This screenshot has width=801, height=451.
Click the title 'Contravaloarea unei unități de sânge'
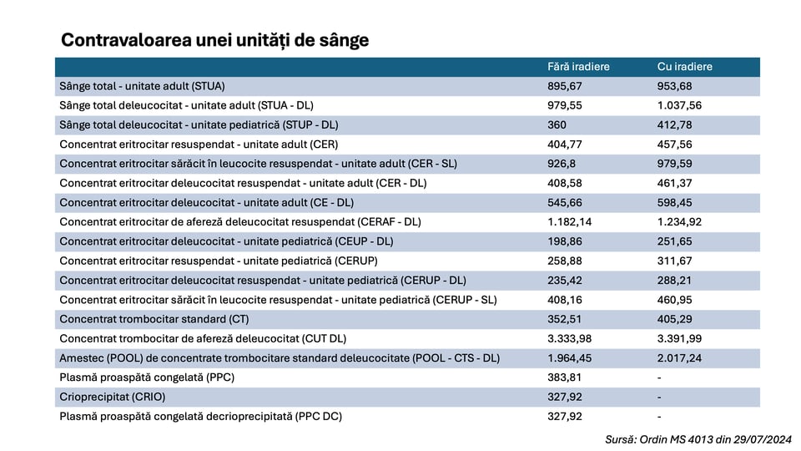[215, 40]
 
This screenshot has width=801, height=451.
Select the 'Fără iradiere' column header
[577, 67]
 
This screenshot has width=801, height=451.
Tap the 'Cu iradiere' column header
[685, 67]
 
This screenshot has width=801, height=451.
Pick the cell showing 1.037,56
[680, 105]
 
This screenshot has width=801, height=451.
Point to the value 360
[557, 125]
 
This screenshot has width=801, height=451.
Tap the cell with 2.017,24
[680, 357]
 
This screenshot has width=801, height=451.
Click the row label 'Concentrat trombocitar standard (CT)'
[154, 319]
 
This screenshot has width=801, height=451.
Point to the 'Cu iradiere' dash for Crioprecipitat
[659, 397]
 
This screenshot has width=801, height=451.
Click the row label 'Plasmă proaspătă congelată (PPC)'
[147, 378]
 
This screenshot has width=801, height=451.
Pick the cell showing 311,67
[675, 261]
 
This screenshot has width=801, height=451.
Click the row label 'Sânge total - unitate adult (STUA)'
[143, 86]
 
